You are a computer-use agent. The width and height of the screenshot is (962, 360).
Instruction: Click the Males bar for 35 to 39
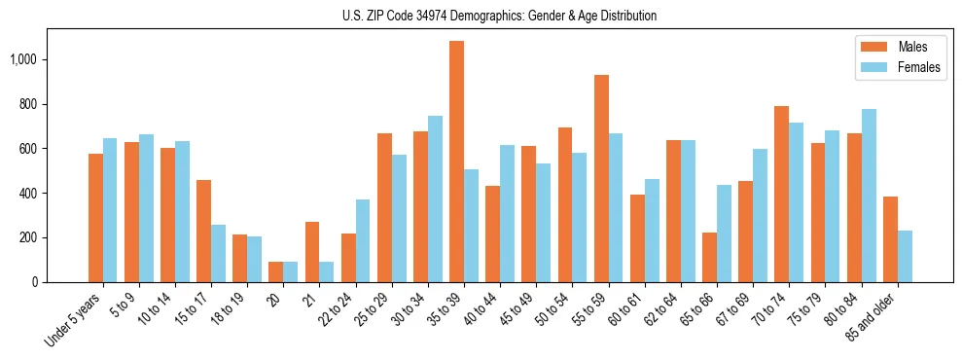456,162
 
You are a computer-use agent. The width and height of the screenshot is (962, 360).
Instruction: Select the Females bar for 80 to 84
869,196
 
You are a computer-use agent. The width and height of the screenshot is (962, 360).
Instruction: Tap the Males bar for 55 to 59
601,178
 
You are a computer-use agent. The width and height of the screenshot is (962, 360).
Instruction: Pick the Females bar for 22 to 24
363,240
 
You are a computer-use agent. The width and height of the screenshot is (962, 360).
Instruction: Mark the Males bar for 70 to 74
781,194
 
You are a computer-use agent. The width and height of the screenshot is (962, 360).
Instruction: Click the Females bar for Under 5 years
110,210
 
